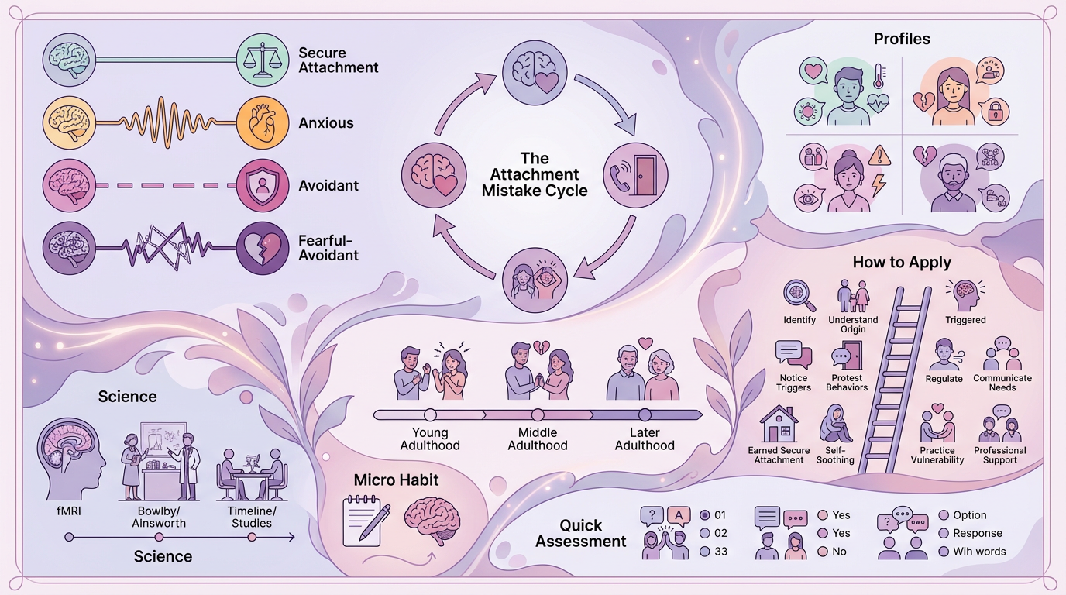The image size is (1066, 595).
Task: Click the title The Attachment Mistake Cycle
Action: point(535,174)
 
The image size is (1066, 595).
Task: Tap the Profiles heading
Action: point(902,39)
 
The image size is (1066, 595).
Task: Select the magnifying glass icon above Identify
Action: point(799,294)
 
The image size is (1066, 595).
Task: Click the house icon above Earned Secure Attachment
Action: point(779,424)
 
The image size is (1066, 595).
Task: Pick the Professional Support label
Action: point(999,455)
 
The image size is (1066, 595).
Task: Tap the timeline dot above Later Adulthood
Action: point(645,414)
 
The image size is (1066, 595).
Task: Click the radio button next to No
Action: point(823,552)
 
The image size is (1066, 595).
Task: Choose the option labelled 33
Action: point(704,552)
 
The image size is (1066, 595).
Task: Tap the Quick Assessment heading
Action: point(581,534)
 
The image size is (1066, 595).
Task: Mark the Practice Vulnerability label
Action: point(937,455)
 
